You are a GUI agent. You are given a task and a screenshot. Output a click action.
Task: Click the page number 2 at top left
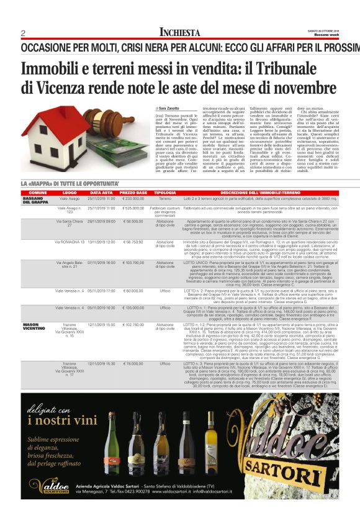click(23, 33)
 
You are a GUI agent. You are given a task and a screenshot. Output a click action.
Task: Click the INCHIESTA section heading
click(180, 32)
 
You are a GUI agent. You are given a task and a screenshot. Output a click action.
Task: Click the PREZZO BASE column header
click(133, 193)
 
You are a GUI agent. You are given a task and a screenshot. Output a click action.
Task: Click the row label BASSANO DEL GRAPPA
click(35, 200)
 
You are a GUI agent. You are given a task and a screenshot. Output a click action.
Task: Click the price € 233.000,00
click(133, 198)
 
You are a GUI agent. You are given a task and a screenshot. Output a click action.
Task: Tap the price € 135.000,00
click(133, 307)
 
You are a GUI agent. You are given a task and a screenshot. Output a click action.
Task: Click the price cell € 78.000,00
click(133, 363)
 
